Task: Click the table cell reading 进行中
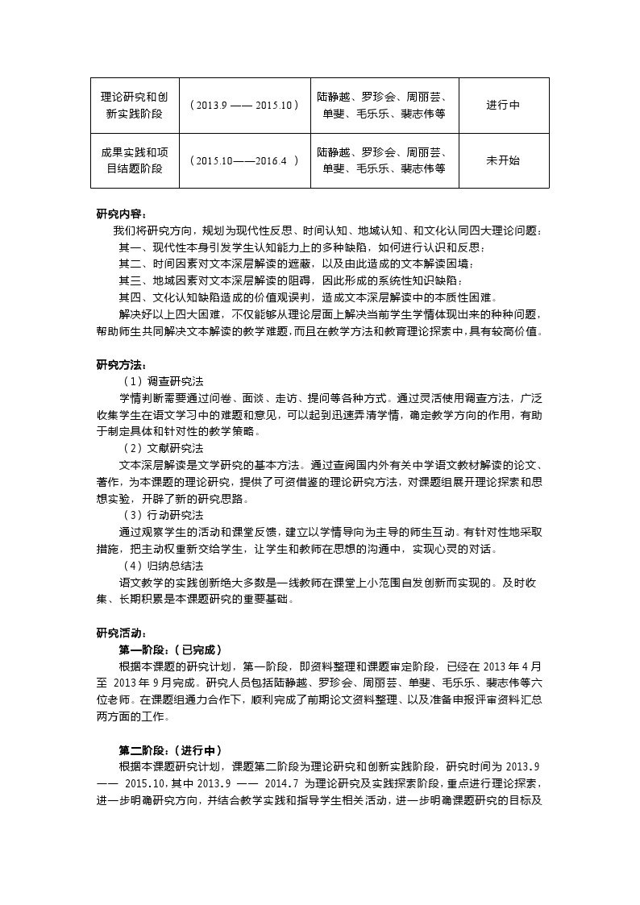(x=503, y=106)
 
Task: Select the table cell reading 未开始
(x=503, y=160)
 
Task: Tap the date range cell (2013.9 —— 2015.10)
(x=244, y=106)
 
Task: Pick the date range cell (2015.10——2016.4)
(x=244, y=160)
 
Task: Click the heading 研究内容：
(x=122, y=214)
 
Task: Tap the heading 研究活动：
(x=122, y=633)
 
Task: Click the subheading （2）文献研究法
(x=162, y=447)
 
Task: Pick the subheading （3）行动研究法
(x=162, y=515)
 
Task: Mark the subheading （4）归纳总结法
(x=162, y=566)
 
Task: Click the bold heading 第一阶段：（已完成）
(x=170, y=650)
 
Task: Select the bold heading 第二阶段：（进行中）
(x=170, y=750)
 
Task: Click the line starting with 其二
(x=297, y=264)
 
